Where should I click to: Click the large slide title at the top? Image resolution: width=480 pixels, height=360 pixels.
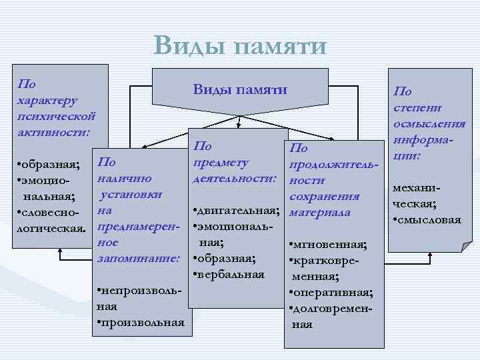coord(240,45)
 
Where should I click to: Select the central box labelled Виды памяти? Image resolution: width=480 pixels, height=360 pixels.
coord(240,89)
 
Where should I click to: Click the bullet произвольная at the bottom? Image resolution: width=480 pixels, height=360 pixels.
coord(141,323)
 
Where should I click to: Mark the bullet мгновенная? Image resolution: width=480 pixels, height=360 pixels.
coord(329,245)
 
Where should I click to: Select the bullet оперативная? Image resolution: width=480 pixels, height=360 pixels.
coord(330,293)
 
